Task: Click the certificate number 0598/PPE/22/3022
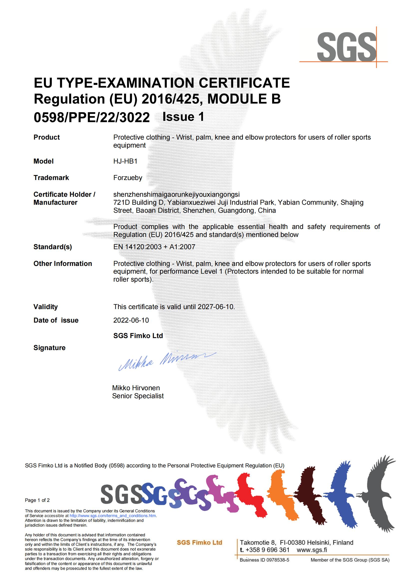[92, 118]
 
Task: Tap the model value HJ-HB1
[125, 161]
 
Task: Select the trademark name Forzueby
[128, 178]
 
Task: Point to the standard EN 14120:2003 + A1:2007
[154, 247]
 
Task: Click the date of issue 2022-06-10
[131, 320]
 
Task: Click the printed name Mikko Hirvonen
[136, 388]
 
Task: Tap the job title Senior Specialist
[138, 396]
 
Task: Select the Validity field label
[45, 307]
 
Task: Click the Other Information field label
[63, 263]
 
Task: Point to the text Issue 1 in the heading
[183, 117]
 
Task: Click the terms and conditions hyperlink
[113, 516]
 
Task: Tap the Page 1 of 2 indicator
[37, 500]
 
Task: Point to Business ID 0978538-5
[264, 560]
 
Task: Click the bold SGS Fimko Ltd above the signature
[138, 336]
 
